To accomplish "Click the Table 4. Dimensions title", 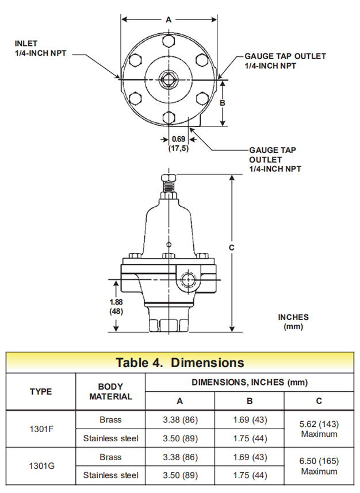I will [x=179, y=363].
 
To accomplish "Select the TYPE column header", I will [x=41, y=392].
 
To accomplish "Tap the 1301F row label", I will [x=41, y=429].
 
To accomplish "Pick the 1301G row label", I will [x=41, y=467].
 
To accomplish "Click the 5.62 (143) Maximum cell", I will [x=319, y=429].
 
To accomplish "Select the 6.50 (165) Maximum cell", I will [x=319, y=467].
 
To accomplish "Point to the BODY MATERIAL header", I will [x=110, y=392].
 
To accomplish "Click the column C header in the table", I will [x=319, y=401].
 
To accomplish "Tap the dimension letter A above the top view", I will [x=168, y=19].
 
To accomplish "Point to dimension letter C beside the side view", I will [x=231, y=247].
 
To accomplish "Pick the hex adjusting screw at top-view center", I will [x=168, y=79].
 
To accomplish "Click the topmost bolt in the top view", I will [x=168, y=41].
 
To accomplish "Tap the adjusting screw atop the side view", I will [x=168, y=183].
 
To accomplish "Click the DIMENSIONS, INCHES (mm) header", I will [x=249, y=382].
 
